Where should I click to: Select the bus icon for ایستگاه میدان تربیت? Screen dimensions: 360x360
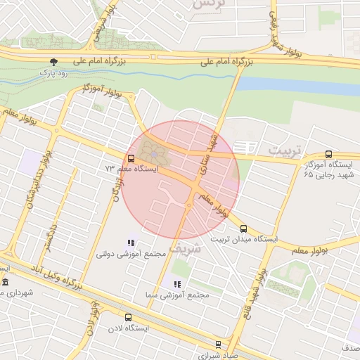point(243,229)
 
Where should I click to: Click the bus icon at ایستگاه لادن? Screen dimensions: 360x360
point(128,318)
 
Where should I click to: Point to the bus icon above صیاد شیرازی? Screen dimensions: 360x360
point(218,345)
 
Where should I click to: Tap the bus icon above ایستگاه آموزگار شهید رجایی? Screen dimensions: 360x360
point(328,155)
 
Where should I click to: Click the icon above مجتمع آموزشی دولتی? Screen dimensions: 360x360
point(130,243)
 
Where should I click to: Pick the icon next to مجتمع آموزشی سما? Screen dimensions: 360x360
point(176,284)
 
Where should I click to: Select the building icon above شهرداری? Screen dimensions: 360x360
point(6,283)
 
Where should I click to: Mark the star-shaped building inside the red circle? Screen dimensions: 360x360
point(153,150)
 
